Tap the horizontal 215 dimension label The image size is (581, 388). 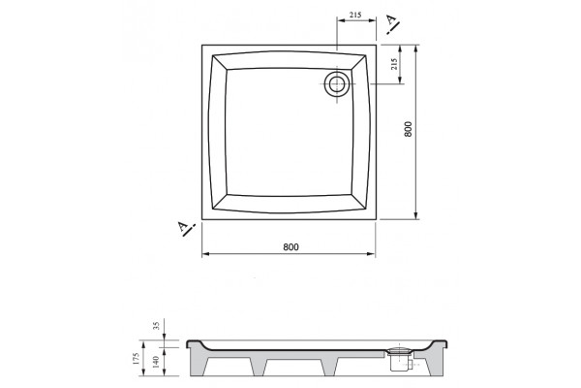coord(355,15)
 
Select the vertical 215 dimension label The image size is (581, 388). coord(394,64)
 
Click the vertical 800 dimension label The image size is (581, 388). coord(408,129)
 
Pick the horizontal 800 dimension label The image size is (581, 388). coord(290,247)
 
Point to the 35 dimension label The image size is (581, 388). coord(156,326)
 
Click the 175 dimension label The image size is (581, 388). coord(136,358)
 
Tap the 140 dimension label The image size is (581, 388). coord(156,362)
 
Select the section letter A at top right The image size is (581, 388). coord(390,19)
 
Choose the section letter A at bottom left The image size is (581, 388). coord(183,226)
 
